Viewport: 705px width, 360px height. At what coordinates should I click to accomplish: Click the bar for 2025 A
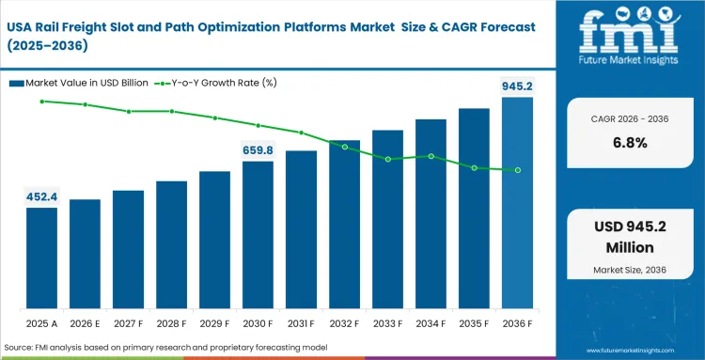pos(41,259)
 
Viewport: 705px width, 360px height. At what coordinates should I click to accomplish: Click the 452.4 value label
pos(41,196)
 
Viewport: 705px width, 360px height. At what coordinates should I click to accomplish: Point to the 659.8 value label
pos(258,149)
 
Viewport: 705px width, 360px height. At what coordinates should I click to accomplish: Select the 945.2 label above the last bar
pos(516,86)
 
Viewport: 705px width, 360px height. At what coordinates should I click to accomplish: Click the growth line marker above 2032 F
pos(345,147)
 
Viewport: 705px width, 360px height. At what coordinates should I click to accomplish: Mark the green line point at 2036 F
pos(517,170)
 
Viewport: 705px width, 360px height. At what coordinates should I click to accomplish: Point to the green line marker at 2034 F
pos(431,156)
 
